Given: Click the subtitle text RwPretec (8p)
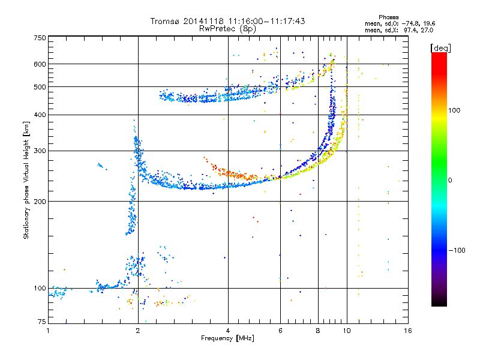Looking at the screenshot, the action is click(x=227, y=29).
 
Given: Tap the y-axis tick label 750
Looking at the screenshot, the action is click(x=40, y=38).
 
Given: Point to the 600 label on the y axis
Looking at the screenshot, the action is click(x=40, y=64).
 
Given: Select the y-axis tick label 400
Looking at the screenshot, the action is click(x=40, y=115).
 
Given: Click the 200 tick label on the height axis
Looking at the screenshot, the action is click(x=40, y=202).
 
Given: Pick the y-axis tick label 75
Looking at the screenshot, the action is click(x=42, y=322).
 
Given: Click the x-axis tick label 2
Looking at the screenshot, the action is click(x=138, y=331).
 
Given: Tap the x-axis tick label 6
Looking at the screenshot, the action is click(x=280, y=331).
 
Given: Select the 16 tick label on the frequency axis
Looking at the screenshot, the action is click(x=408, y=331).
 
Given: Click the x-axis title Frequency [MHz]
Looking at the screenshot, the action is click(x=227, y=338).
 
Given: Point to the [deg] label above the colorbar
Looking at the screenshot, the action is click(x=440, y=48).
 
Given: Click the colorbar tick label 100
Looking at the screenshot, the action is click(x=454, y=110).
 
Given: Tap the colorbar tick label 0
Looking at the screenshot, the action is click(x=450, y=180).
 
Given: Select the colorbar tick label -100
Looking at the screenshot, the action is click(x=457, y=250).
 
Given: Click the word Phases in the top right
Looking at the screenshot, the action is click(x=388, y=17).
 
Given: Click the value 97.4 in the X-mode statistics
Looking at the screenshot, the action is click(x=411, y=30).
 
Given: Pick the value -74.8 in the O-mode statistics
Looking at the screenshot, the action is click(x=410, y=23).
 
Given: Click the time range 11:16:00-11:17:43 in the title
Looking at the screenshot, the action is click(x=266, y=21).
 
